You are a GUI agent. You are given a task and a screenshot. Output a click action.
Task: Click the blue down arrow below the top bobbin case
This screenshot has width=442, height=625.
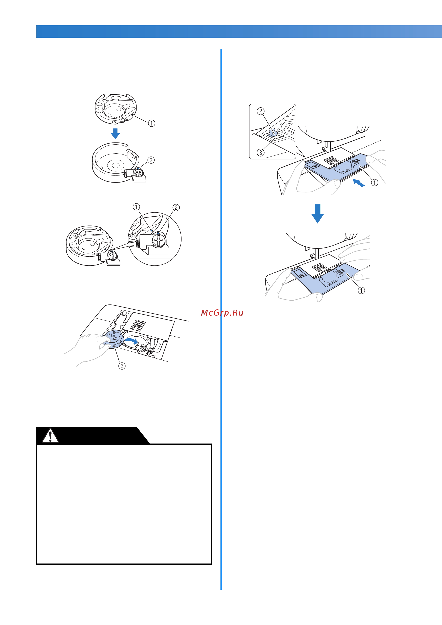(115, 133)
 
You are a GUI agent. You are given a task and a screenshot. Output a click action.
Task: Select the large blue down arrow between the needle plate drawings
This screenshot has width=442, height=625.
(317, 214)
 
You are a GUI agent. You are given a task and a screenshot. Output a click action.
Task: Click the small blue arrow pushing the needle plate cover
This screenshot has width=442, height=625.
(359, 183)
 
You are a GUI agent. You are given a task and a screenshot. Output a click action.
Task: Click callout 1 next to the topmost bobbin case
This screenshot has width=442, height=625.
(152, 123)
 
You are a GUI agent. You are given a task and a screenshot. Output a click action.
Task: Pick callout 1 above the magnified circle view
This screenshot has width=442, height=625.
(136, 207)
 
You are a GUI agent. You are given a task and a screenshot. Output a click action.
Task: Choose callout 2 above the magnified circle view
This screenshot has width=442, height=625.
(176, 208)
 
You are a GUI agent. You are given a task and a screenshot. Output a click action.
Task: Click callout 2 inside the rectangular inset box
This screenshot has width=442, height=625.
(260, 111)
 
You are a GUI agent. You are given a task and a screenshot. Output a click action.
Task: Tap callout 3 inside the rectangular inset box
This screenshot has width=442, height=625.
(260, 153)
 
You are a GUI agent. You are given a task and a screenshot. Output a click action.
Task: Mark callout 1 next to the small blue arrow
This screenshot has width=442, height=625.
(375, 182)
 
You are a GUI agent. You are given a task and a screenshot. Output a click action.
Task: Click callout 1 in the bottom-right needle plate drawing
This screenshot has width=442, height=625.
(361, 291)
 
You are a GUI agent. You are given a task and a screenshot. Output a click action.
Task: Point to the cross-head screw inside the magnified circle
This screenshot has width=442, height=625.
(159, 241)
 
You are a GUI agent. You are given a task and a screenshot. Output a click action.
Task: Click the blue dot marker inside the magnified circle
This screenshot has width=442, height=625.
(158, 234)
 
